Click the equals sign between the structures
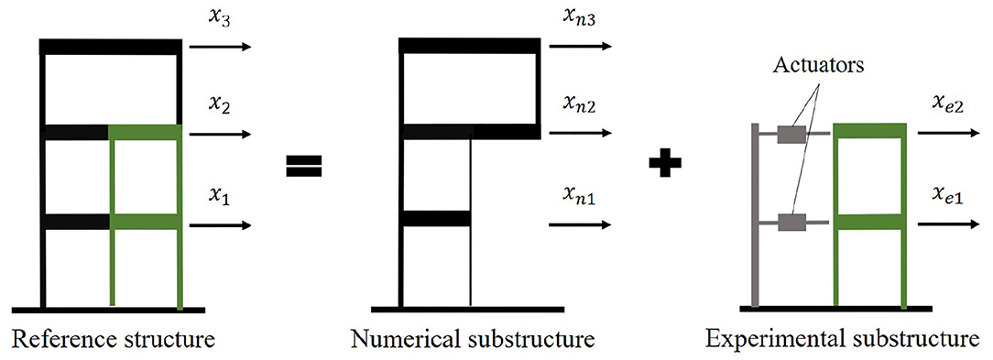click(x=302, y=166)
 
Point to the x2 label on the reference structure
click(x=216, y=105)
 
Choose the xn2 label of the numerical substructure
click(x=578, y=105)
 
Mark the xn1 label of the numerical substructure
click(x=577, y=195)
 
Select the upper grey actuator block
click(x=791, y=135)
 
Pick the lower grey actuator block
click(x=791, y=222)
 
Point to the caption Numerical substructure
click(x=473, y=341)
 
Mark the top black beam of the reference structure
click(x=111, y=47)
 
